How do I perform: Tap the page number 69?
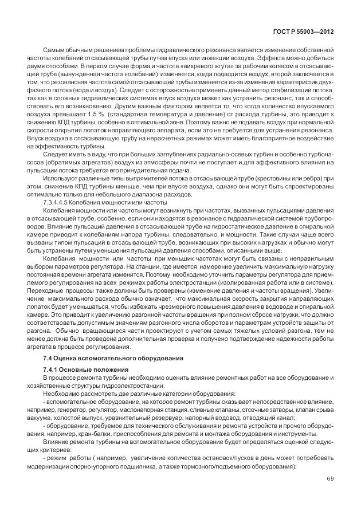coord(330,479)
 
